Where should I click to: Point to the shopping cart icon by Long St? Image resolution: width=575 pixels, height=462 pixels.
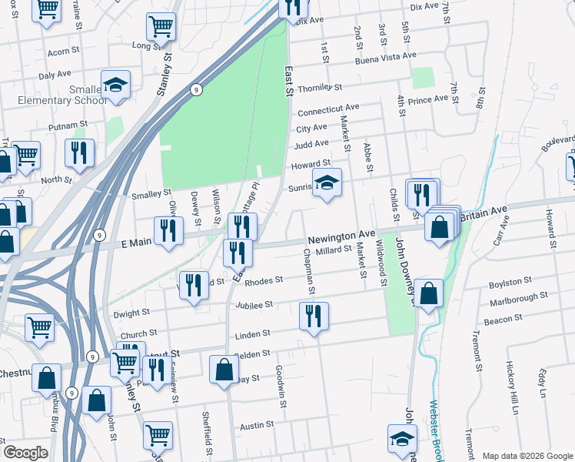[161, 28]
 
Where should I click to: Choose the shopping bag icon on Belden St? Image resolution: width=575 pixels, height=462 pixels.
[224, 369]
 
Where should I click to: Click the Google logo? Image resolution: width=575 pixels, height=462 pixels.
[25, 453]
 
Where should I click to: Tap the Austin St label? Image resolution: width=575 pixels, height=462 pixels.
[257, 425]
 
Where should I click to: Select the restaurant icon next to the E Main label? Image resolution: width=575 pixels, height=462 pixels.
[168, 230]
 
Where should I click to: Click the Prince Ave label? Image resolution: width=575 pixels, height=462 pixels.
[427, 99]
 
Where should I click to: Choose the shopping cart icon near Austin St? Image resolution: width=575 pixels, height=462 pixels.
[158, 435]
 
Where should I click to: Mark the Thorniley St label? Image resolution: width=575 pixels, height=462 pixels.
[319, 88]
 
